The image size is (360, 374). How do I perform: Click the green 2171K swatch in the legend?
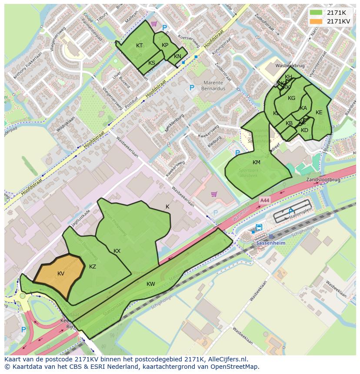pos(316,13)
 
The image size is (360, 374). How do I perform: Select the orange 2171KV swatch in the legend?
pos(316,21)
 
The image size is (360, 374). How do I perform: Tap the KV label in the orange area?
pos(61,274)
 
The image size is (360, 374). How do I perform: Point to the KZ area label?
pos(93,267)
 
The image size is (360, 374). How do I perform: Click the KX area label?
pos(117,251)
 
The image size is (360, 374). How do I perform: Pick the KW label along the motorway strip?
pos(151,284)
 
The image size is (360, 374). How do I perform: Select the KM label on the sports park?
pos(257,162)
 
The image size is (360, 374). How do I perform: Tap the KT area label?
pos(139,46)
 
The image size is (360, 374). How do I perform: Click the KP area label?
pos(165,45)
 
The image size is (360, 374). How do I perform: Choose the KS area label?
pos(152,63)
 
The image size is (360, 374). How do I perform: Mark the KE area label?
pos(319,113)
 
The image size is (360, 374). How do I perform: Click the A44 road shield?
pos(264,200)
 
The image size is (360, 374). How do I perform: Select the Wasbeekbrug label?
pos(290,66)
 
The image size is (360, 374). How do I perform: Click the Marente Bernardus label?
pos(212,86)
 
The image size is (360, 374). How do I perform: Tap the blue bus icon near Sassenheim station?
pos(259,227)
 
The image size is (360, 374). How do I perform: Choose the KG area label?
pos(291,98)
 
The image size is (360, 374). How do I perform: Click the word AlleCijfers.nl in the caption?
pos(227,359)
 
